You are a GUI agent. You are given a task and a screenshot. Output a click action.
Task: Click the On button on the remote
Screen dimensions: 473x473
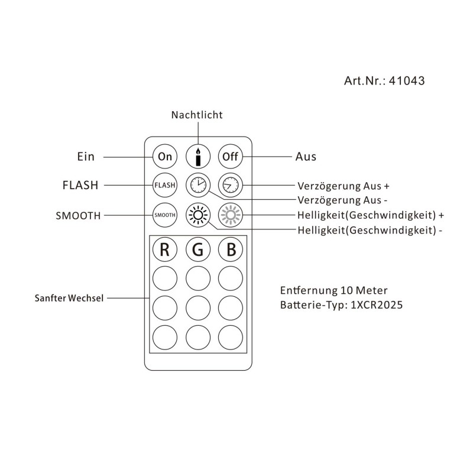pos(165,157)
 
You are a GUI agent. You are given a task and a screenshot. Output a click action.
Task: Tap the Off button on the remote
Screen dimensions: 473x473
pos(229,157)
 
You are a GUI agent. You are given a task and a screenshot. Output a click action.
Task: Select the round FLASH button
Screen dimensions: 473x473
pos(165,185)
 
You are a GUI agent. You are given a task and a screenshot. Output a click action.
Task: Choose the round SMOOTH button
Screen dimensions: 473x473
pos(165,215)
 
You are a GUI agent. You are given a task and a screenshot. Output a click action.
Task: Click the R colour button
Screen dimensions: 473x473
pos(165,250)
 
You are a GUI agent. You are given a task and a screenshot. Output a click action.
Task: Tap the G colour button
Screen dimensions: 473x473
pos(197,250)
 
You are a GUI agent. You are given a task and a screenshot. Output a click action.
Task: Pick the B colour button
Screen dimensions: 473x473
pos(229,250)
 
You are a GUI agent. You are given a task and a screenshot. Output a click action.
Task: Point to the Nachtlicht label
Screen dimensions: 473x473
pos(197,115)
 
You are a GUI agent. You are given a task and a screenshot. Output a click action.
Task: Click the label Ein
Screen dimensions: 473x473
pos(86,157)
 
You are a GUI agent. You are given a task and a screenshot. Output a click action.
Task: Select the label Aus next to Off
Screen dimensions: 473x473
pos(306,157)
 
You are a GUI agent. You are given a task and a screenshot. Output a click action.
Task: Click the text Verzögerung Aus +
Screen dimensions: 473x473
pos(344,185)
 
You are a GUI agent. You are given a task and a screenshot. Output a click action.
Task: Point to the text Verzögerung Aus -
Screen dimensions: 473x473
pos(343,200)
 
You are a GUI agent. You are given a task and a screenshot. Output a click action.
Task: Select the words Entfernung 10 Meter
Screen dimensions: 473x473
pos(333,291)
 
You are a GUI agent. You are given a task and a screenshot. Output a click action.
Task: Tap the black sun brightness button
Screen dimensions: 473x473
pos(197,215)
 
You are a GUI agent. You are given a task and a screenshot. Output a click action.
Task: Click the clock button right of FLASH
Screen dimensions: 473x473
pos(197,185)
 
